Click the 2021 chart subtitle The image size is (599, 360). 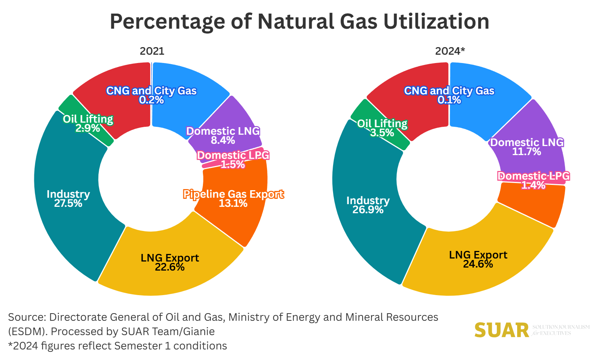(x=152, y=51)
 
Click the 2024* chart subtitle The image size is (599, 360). (x=450, y=51)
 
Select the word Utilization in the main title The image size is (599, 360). (x=436, y=22)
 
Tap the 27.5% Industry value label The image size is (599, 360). (x=68, y=203)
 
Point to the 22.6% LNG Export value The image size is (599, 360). (x=170, y=267)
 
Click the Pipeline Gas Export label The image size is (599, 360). (x=233, y=194)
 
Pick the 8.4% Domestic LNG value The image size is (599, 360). (x=223, y=140)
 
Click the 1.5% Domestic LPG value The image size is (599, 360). (x=233, y=165)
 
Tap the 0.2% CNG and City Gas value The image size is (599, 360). (x=151, y=100)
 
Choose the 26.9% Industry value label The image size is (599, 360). (x=368, y=210)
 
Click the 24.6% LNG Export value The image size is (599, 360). (x=478, y=264)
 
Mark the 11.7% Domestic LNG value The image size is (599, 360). (x=527, y=152)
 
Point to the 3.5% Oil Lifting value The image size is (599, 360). (x=382, y=133)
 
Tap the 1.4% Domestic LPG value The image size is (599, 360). (x=533, y=185)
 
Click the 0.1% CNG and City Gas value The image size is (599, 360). (x=449, y=100)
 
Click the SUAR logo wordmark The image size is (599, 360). (x=502, y=331)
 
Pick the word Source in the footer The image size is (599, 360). (x=26, y=317)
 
